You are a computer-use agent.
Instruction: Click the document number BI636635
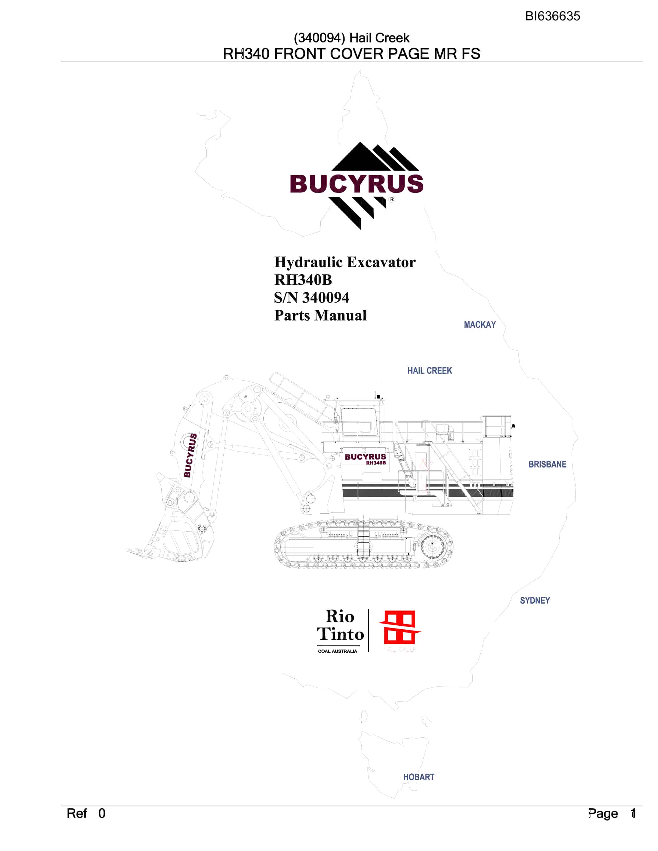pos(552,16)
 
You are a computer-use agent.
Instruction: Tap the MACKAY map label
pos(480,324)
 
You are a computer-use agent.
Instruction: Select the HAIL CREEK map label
pos(430,370)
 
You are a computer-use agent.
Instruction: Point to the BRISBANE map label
pos(547,464)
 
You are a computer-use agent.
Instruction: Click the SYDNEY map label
pos(535,600)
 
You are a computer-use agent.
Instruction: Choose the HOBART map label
pos(419,777)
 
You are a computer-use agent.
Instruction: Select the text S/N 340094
pos(312,298)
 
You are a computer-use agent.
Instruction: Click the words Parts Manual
pos(320,315)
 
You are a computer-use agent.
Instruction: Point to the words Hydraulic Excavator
pos(345,262)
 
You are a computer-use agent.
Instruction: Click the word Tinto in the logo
pos(340,634)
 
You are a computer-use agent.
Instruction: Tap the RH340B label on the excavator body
pos(376,463)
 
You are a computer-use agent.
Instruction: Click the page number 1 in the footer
pos(633,813)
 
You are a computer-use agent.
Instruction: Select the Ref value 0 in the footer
pos(102,813)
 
